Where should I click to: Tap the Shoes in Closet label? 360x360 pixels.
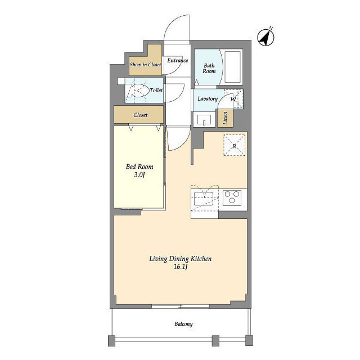(x=145, y=65)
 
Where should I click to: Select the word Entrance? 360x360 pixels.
(x=178, y=60)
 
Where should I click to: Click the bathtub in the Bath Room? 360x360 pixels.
(x=232, y=67)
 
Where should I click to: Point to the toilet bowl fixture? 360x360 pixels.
(x=138, y=91)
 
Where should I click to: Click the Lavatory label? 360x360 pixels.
(x=208, y=99)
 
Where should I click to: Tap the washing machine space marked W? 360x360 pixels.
(x=233, y=99)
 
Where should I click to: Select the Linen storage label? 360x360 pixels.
(x=225, y=118)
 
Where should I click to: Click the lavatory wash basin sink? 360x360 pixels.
(x=204, y=119)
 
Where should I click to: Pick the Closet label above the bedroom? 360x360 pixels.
(x=140, y=115)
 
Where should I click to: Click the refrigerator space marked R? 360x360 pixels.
(x=234, y=145)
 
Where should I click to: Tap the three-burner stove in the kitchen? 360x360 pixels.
(x=232, y=197)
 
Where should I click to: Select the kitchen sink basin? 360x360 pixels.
(x=204, y=199)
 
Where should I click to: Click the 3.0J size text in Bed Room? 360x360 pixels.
(x=139, y=175)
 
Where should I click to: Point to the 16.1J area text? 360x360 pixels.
(x=181, y=267)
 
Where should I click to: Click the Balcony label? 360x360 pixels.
(x=183, y=324)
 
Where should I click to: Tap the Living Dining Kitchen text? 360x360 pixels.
(x=181, y=259)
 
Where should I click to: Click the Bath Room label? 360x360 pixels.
(x=209, y=69)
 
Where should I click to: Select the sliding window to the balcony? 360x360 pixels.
(x=181, y=306)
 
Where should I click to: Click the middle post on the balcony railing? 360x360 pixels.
(x=215, y=341)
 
